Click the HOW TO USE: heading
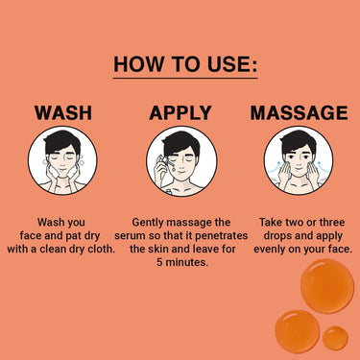pyautogui.click(x=185, y=64)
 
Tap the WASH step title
pyautogui.click(x=63, y=112)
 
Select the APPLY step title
pyautogui.click(x=180, y=112)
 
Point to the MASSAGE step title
pyautogui.click(x=299, y=112)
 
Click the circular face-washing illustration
pyautogui.click(x=62, y=160)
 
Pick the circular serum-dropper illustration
pyautogui.click(x=181, y=160)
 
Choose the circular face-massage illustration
pyautogui.click(x=299, y=160)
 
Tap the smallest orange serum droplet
pyautogui.click(x=335, y=338)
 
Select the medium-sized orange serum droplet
pyautogui.click(x=297, y=331)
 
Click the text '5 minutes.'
pyautogui.click(x=182, y=263)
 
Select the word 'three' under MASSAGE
pyautogui.click(x=332, y=222)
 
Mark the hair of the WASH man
pyautogui.click(x=61, y=141)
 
